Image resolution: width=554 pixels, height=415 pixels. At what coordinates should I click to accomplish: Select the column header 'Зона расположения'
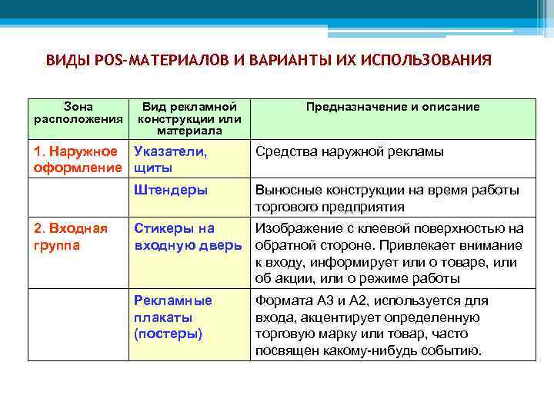coord(78,113)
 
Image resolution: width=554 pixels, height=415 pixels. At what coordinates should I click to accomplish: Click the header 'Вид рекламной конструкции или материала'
coord(189,118)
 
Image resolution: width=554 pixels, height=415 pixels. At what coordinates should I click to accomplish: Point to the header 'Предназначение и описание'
coord(392,107)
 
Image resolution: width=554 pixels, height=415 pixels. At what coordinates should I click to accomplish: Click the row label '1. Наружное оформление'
coord(78,159)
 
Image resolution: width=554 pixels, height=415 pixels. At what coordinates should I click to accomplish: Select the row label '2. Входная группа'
coord(71,237)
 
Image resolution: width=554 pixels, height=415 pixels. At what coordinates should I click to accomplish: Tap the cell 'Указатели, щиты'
coord(170,159)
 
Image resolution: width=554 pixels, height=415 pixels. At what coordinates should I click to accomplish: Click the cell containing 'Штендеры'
coord(170,190)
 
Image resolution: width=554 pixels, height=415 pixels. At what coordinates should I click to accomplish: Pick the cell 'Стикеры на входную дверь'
coord(188,237)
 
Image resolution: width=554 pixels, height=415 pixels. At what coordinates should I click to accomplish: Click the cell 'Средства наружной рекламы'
coord(349,151)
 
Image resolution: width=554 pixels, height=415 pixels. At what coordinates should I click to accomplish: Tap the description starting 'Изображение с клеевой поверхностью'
coord(389,253)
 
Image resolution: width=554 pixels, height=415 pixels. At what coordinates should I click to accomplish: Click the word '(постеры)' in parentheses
coord(169,334)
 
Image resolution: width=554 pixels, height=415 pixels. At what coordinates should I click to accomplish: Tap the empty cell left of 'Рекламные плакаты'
coord(78,325)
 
